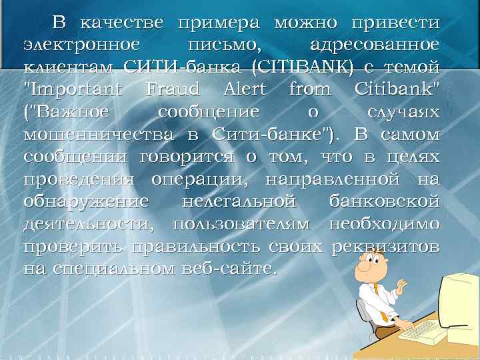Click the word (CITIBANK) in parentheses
click(x=301, y=67)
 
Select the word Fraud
click(x=172, y=89)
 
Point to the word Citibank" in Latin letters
click(x=397, y=89)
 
